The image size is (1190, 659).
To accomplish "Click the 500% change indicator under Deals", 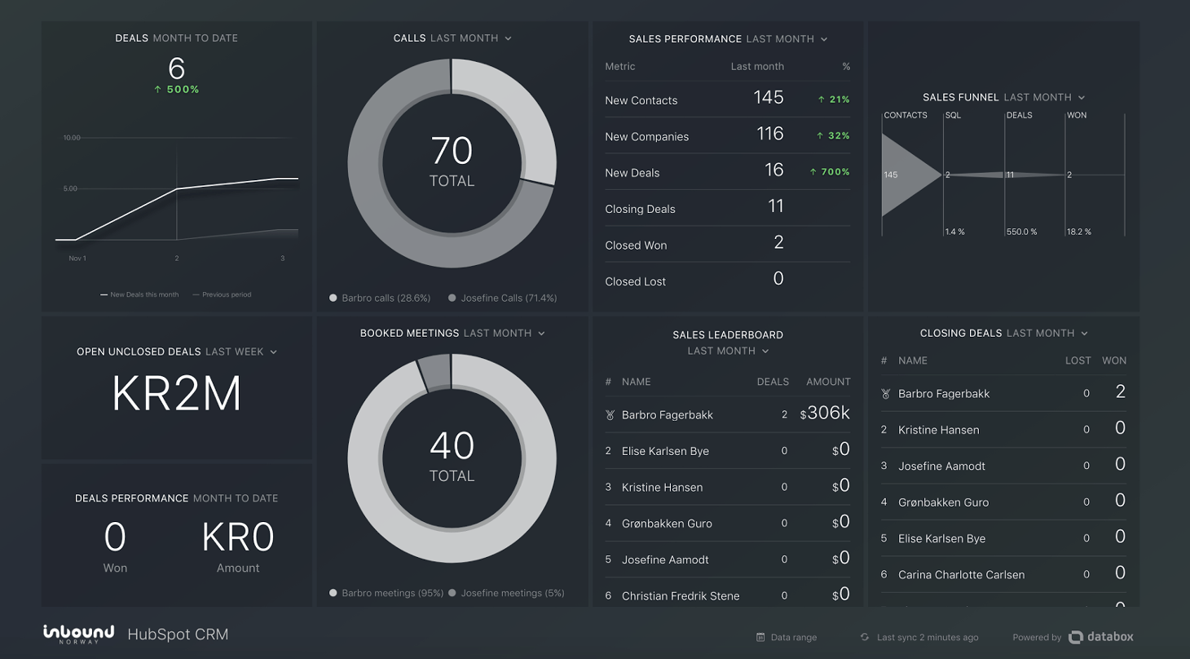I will pyautogui.click(x=177, y=90).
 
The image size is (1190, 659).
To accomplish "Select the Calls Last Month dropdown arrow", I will pyautogui.click(x=508, y=38).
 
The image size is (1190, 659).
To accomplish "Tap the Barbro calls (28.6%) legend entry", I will pyautogui.click(x=380, y=299).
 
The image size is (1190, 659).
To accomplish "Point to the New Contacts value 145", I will pyautogui.click(x=768, y=98).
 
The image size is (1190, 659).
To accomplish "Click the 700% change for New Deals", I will pyautogui.click(x=830, y=172).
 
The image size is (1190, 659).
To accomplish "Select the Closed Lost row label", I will pyautogui.click(x=635, y=281).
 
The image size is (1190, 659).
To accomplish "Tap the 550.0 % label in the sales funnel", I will pyautogui.click(x=1021, y=232).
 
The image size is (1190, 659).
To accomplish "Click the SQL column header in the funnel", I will pyautogui.click(x=953, y=116).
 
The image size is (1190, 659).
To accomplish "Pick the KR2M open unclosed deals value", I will pyautogui.click(x=176, y=394).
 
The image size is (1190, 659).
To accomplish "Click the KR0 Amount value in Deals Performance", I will pyautogui.click(x=238, y=537).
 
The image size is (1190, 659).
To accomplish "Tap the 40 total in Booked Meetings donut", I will pyautogui.click(x=452, y=447).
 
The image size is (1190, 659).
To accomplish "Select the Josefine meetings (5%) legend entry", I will pyautogui.click(x=506, y=593).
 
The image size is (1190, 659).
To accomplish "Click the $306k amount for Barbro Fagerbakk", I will pyautogui.click(x=825, y=414).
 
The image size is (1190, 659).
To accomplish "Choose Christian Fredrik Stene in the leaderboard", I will pyautogui.click(x=680, y=596).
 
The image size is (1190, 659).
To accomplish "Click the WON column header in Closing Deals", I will pyautogui.click(x=1113, y=360).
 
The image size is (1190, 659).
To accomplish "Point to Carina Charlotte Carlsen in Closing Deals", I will pyautogui.click(x=961, y=575).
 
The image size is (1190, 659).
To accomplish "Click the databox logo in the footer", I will pyautogui.click(x=1100, y=637).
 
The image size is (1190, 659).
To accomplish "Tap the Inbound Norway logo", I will pyautogui.click(x=78, y=634).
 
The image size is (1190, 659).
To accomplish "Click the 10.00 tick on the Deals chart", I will pyautogui.click(x=72, y=138).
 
